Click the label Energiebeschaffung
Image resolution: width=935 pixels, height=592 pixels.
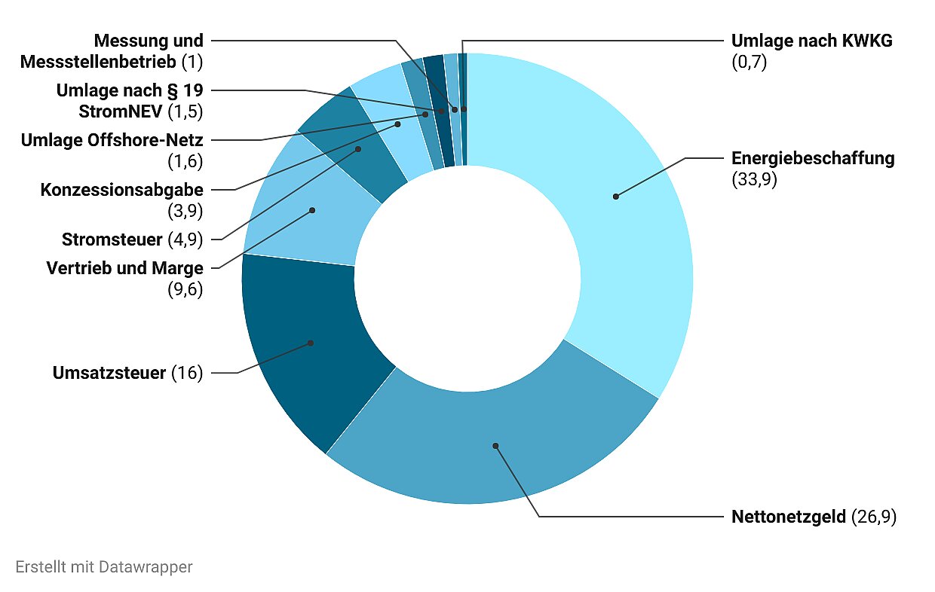[813, 158]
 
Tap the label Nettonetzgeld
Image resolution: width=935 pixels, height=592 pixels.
[789, 517]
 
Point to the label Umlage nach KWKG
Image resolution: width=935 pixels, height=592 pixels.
[811, 41]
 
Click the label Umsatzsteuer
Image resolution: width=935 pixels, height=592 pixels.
[109, 373]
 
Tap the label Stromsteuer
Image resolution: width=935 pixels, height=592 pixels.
[112, 240]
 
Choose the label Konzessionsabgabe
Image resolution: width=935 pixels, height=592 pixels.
[121, 190]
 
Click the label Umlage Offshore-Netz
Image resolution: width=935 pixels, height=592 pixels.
[112, 140]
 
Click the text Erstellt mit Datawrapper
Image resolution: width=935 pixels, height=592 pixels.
[103, 566]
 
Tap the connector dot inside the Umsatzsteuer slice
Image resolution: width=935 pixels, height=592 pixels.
[311, 343]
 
